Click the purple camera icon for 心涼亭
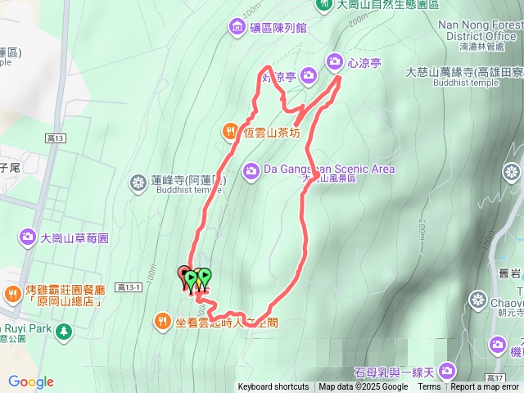[335, 61]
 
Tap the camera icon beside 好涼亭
[309, 76]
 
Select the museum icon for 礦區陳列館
[237, 28]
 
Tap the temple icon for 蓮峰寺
[138, 181]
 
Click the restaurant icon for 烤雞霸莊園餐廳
[12, 294]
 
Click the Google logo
[31, 382]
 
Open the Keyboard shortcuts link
[273, 387]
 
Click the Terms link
[429, 387]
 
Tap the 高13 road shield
[56, 140]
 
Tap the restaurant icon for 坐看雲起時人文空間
[163, 322]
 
